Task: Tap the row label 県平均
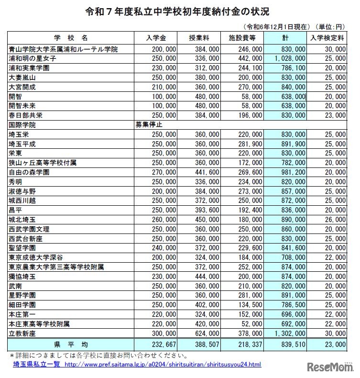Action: point(71,345)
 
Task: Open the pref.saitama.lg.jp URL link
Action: point(163,365)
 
